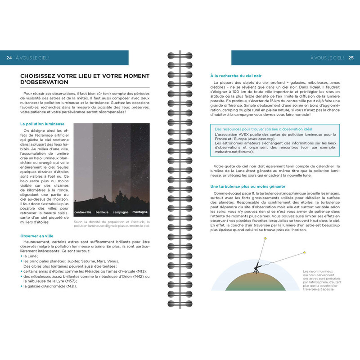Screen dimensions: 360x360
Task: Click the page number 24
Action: [9, 58]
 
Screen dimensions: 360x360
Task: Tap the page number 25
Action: [351, 58]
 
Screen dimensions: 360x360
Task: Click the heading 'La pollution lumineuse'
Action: [42, 124]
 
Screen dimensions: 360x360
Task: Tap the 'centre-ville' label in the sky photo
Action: [83, 212]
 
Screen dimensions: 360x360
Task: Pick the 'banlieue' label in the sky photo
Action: [102, 212]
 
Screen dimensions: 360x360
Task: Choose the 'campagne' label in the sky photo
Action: [121, 212]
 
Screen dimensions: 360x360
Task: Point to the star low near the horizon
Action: [304, 252]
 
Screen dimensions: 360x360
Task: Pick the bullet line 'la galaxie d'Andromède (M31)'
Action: [50, 286]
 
